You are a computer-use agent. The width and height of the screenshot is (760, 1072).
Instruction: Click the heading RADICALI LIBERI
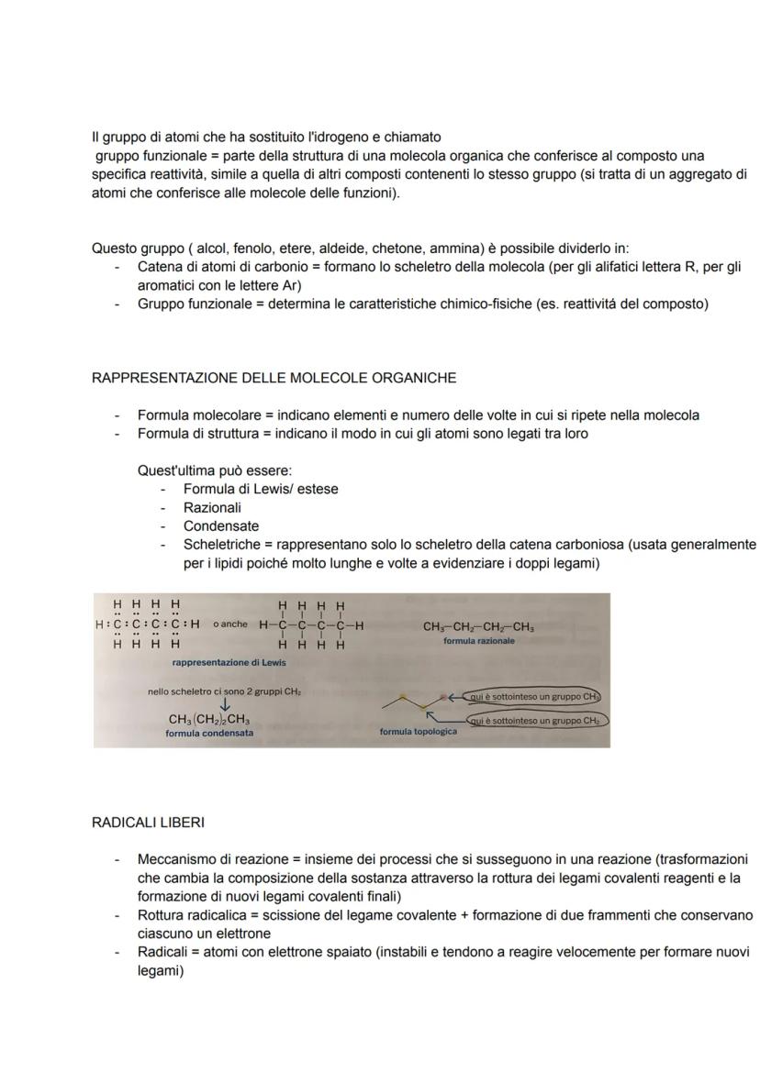[x=148, y=823]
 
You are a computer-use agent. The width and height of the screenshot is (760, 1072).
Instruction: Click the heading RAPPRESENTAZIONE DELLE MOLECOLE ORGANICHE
[x=274, y=378]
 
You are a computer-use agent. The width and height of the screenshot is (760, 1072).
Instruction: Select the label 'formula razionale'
[x=479, y=641]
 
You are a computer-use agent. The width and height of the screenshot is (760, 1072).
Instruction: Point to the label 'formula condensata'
[x=209, y=733]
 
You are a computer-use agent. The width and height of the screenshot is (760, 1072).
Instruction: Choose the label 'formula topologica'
[x=418, y=732]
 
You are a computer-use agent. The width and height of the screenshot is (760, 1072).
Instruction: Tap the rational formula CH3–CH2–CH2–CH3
[x=478, y=627]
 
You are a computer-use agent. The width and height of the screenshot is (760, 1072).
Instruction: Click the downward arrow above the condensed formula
[x=224, y=704]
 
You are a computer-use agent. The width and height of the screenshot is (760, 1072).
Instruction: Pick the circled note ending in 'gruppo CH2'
[x=538, y=721]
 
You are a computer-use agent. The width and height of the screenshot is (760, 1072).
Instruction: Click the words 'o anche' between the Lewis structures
[x=229, y=624]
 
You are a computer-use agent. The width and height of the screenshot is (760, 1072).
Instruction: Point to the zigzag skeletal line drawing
[x=418, y=703]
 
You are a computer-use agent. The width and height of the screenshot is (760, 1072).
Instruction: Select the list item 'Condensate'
[x=220, y=526]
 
